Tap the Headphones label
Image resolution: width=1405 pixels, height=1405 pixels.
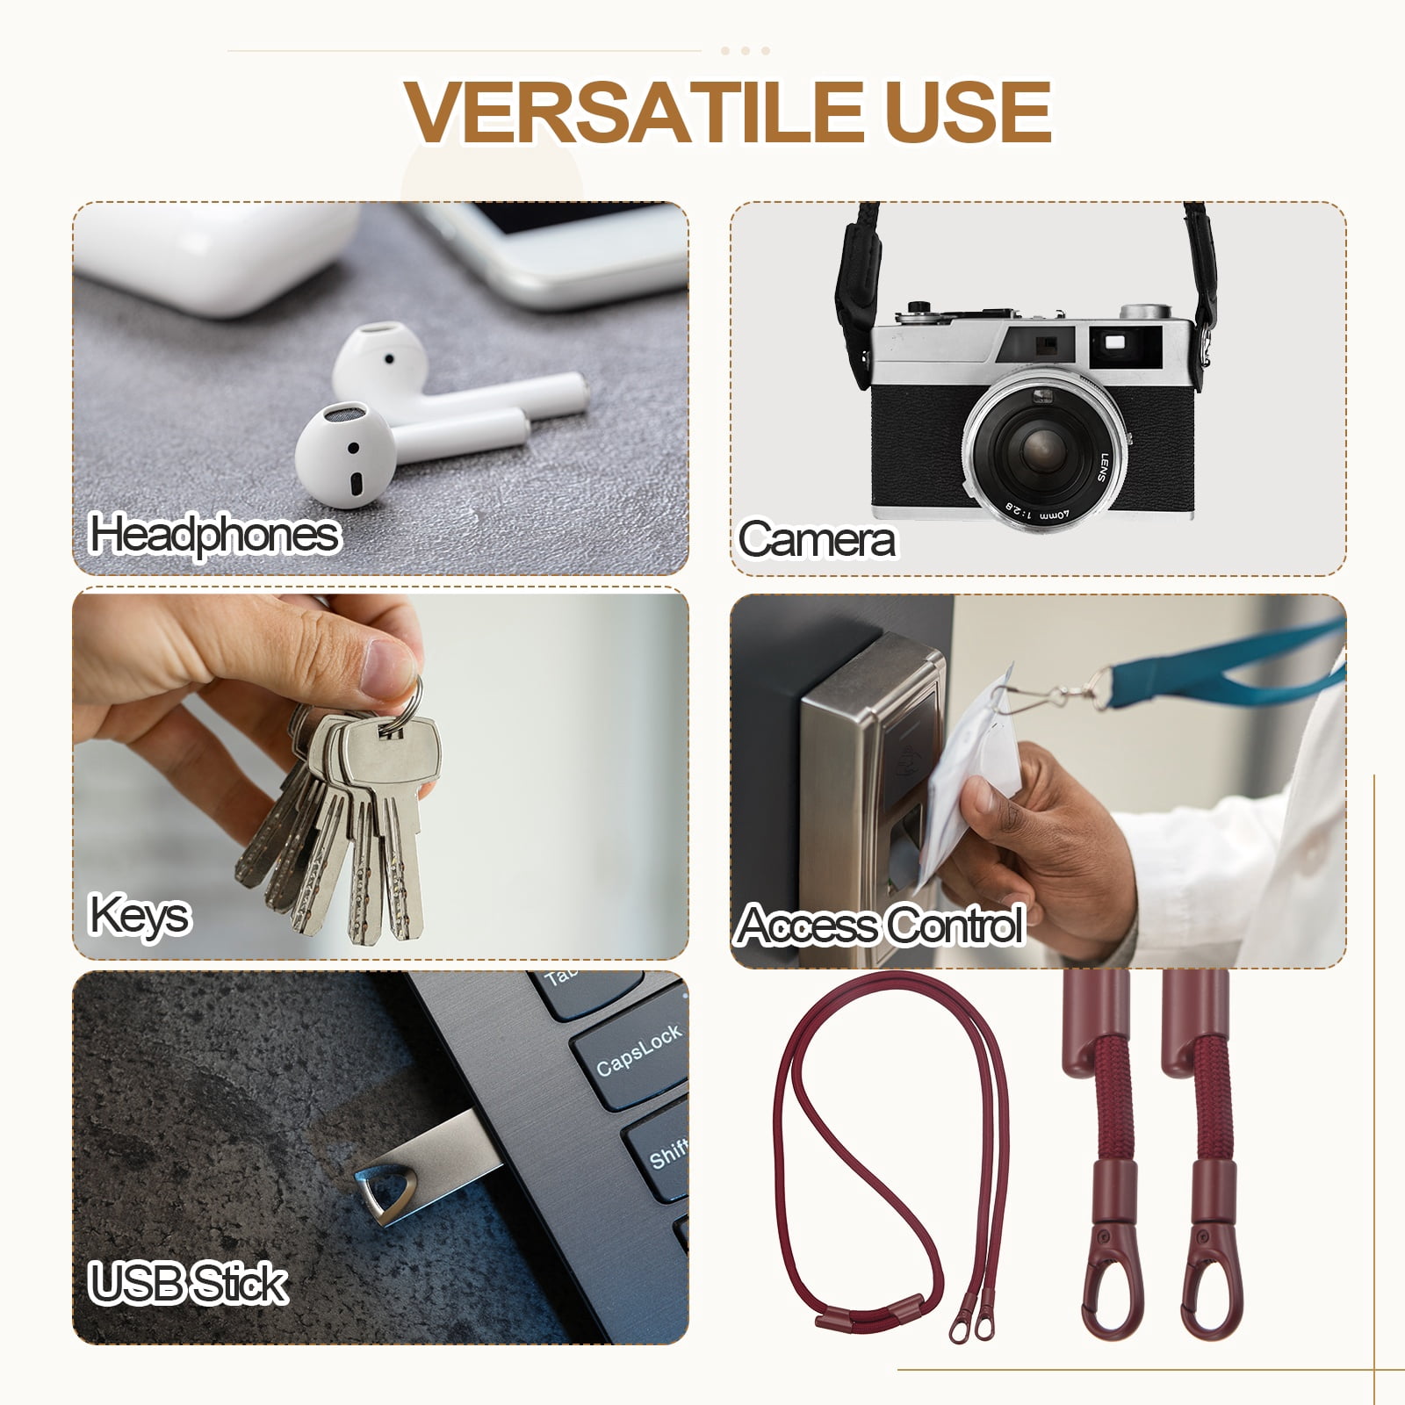point(214,535)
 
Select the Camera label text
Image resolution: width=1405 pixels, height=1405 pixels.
point(817,539)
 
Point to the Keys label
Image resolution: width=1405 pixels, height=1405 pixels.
point(139,917)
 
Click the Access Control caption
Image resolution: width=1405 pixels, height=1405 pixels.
point(881,925)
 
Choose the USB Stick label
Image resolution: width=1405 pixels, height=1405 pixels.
point(188,1284)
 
